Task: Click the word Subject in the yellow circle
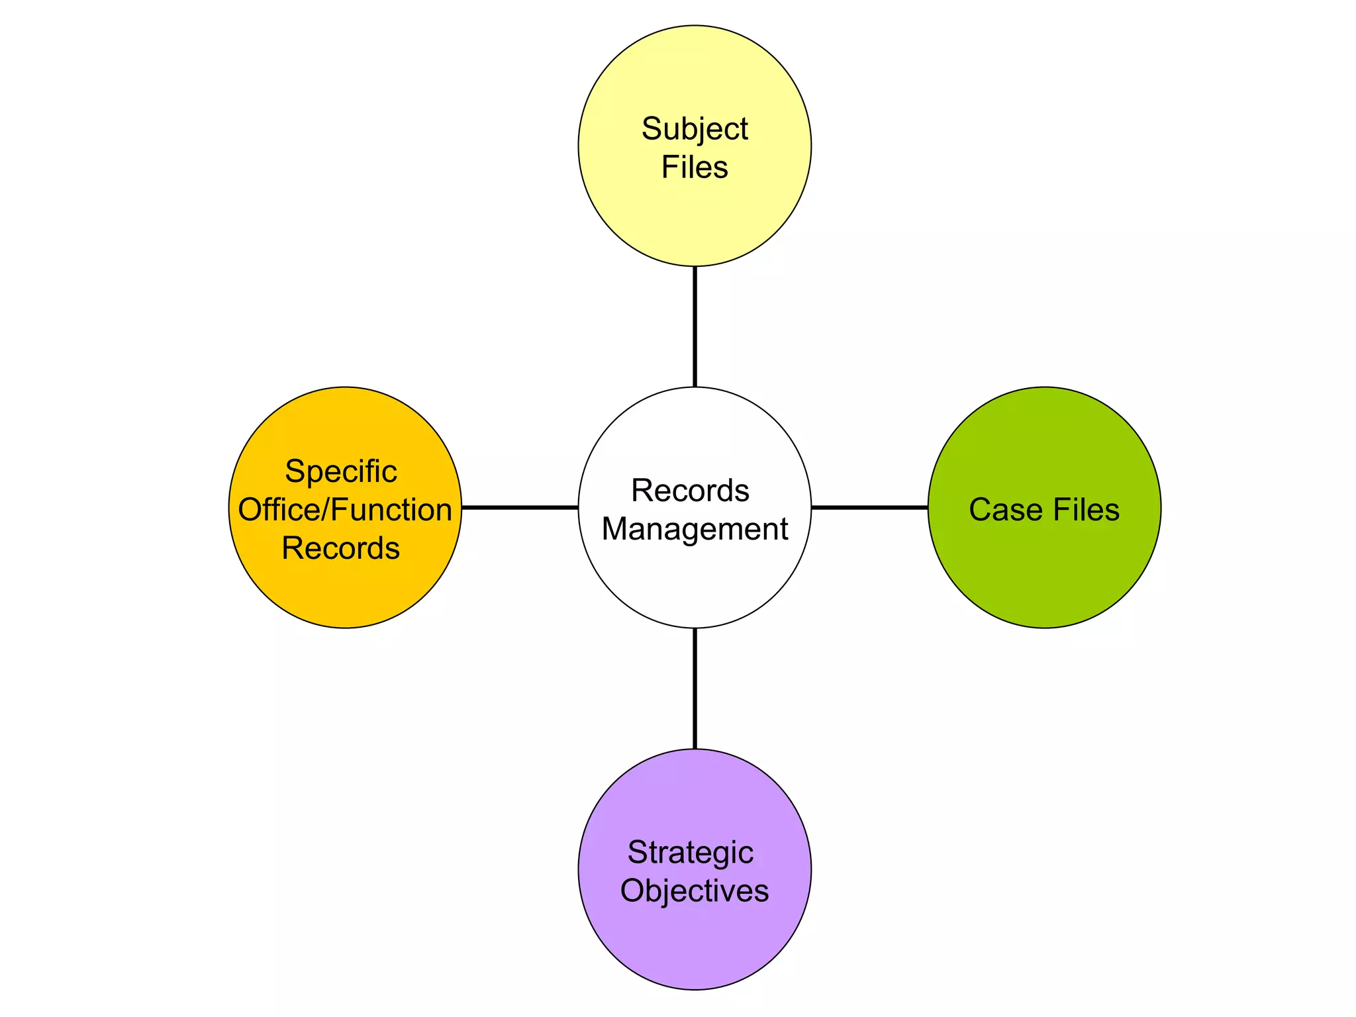[694, 129]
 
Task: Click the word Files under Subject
[694, 167]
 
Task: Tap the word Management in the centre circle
[694, 529]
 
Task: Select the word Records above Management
[689, 491]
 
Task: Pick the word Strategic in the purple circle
[690, 852]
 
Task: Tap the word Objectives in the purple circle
[694, 891]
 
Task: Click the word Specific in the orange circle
[340, 472]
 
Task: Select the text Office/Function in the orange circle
[344, 510]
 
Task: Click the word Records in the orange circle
[340, 548]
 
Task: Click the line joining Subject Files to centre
[695, 326]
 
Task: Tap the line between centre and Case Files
[869, 508]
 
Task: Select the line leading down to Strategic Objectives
[695, 688]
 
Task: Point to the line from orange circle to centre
[520, 508]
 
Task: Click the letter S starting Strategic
[637, 852]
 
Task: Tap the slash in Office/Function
[326, 510]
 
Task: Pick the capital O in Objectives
[633, 891]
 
